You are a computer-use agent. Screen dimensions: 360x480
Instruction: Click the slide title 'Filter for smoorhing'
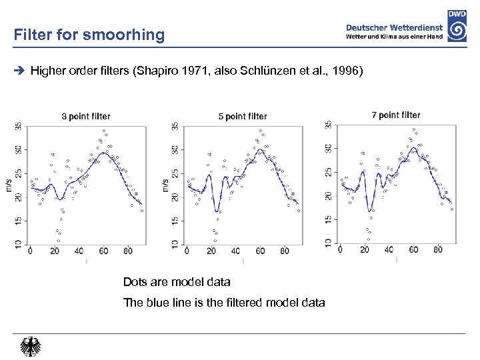pos(89,35)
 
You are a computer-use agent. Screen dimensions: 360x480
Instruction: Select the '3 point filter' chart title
pos(86,117)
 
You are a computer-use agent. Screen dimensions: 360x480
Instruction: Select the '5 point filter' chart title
pos(243,117)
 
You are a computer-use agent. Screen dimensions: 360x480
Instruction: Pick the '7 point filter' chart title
pos(396,115)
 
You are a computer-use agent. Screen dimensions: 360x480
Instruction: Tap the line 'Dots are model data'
pos(177,282)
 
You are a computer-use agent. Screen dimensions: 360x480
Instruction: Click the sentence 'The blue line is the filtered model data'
pos(224,303)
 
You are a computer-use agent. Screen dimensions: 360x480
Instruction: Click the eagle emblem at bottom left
pos(31,347)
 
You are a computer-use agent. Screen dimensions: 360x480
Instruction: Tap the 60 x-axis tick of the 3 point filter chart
pos(103,251)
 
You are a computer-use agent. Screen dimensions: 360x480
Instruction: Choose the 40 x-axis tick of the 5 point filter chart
pos(235,251)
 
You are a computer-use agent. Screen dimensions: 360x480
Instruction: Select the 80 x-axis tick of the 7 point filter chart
pos(438,250)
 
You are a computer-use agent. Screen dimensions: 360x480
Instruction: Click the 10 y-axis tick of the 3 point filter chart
pos(18,244)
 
